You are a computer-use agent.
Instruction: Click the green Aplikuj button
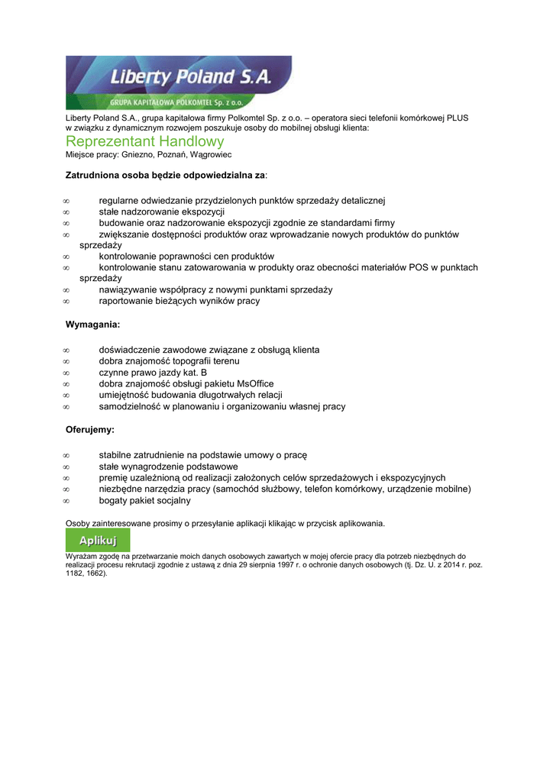(98, 540)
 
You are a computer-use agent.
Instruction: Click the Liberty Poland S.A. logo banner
(178, 82)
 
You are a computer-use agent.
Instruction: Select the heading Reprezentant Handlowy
(145, 142)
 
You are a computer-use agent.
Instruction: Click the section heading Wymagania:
(93, 325)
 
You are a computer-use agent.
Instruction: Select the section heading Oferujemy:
(90, 430)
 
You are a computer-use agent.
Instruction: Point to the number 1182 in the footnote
(75, 573)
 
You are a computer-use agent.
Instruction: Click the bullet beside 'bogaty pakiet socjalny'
(66, 501)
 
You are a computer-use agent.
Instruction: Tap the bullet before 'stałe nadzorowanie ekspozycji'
(66, 212)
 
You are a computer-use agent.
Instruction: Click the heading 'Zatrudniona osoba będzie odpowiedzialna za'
(166, 175)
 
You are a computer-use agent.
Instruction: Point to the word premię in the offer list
(114, 477)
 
